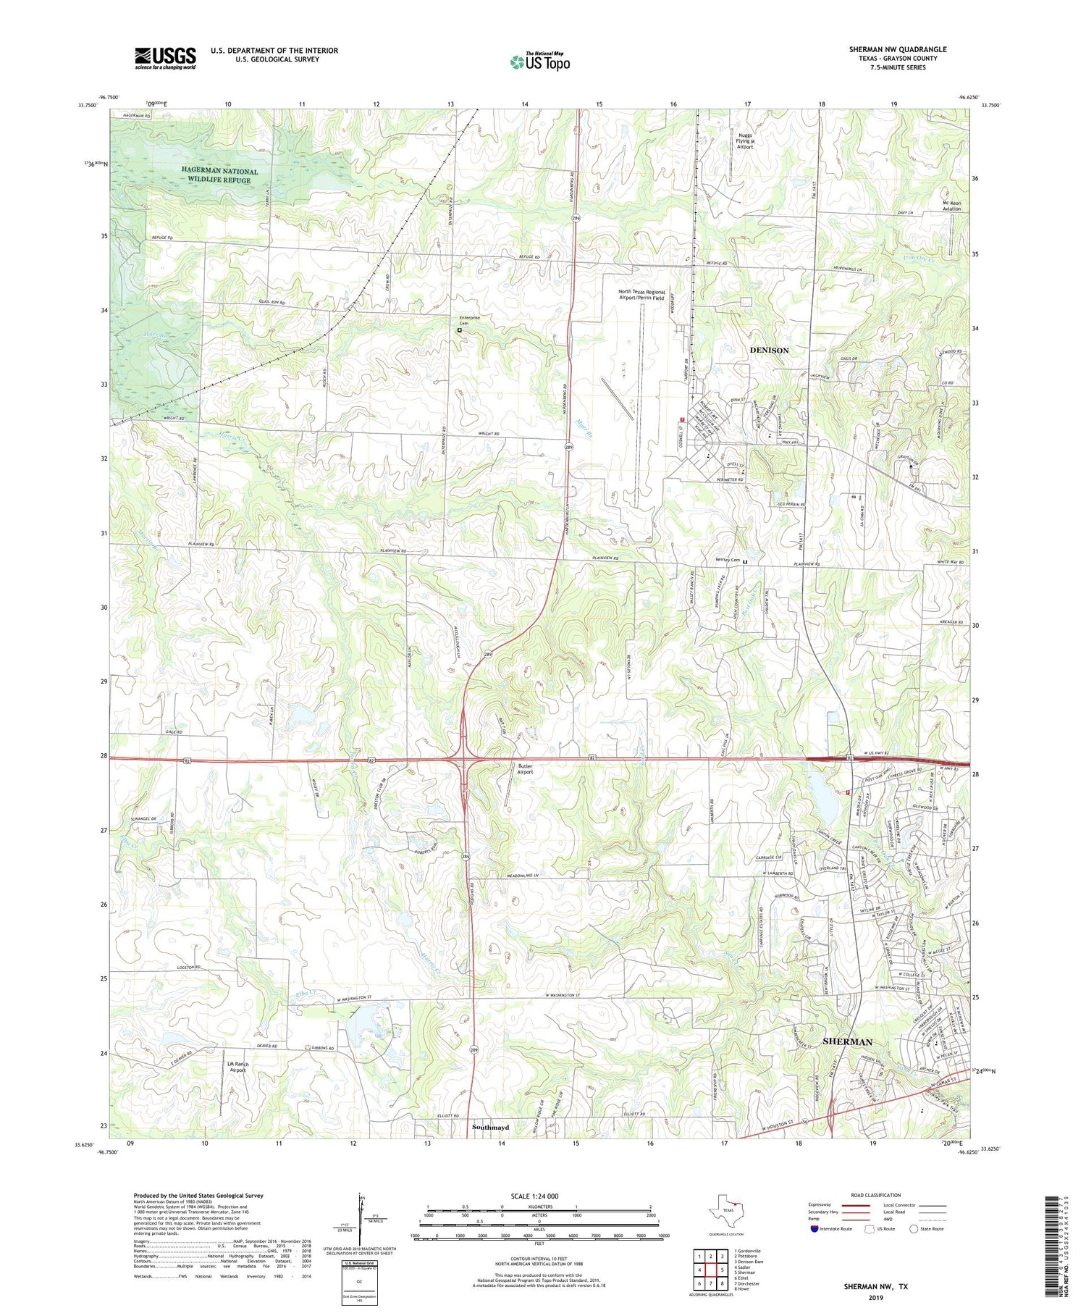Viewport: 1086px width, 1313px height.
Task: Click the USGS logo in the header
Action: point(165,58)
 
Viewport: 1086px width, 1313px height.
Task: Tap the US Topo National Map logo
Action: point(539,62)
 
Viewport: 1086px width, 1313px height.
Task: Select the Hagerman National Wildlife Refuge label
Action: point(219,175)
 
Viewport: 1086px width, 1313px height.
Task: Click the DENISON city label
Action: point(769,351)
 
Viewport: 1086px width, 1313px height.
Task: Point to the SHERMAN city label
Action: point(847,1041)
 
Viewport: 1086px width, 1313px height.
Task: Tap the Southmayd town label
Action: point(490,1128)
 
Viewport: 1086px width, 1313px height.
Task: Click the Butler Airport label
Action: point(525,769)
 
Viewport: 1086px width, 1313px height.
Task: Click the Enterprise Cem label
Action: point(469,321)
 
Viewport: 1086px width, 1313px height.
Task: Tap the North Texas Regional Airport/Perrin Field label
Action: point(641,295)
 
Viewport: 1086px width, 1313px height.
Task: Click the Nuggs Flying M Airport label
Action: point(745,141)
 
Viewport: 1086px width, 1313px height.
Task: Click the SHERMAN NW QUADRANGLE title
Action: point(898,49)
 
